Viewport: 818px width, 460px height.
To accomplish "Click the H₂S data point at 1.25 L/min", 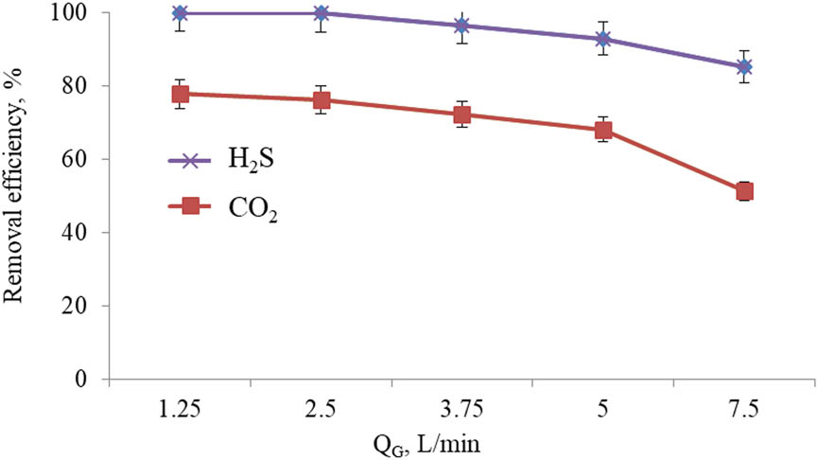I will pos(181,13).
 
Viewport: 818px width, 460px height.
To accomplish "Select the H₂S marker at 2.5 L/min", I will pos(322,13).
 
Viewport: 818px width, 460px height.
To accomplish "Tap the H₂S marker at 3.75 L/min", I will pos(462,26).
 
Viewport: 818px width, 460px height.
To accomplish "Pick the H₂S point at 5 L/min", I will pos(603,39).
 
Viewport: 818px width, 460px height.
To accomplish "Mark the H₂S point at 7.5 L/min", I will pos(744,67).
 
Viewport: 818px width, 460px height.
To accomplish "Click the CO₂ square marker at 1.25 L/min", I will pos(181,94).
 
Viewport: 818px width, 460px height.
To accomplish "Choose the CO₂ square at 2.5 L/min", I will pos(322,100).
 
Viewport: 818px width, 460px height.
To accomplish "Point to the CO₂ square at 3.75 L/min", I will pos(462,115).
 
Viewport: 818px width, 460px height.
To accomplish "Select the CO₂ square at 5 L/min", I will pos(603,131).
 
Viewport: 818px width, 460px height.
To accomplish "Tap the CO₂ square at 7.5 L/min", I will pos(744,192).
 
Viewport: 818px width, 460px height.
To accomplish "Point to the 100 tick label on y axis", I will pos(77,13).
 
